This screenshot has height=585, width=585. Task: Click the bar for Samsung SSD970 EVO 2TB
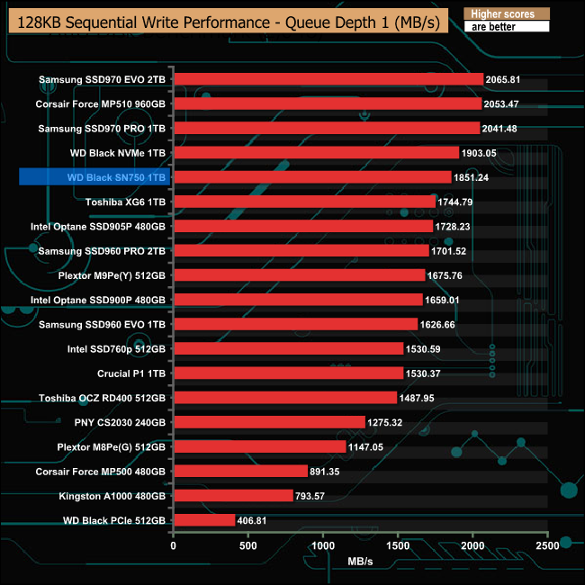click(x=328, y=79)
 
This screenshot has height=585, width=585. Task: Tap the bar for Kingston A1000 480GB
click(x=233, y=495)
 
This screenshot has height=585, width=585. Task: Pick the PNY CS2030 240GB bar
click(x=269, y=421)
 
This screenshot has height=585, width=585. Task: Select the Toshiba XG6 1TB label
click(x=125, y=202)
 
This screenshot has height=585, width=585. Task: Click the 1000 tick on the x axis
click(x=323, y=544)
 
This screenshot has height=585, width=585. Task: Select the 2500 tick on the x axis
click(x=547, y=544)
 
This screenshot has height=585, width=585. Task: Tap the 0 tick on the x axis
click(x=174, y=544)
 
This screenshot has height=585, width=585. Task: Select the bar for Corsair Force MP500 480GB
click(x=240, y=471)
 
